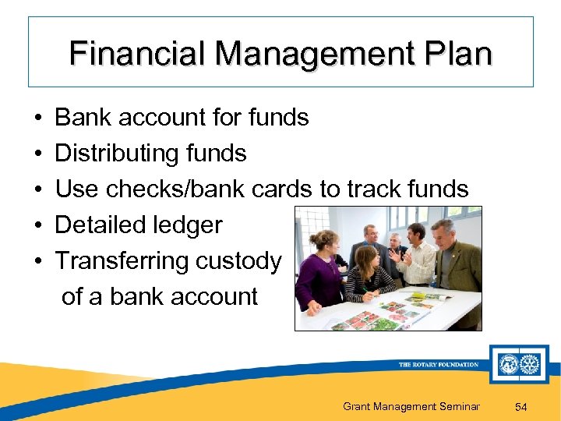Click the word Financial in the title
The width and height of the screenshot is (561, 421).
pyautogui.click(x=137, y=55)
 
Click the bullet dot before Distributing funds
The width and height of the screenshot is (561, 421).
pyautogui.click(x=37, y=154)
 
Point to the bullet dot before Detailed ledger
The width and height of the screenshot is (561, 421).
pyautogui.click(x=37, y=225)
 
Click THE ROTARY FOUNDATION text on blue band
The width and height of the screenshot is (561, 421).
pyautogui.click(x=438, y=364)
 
